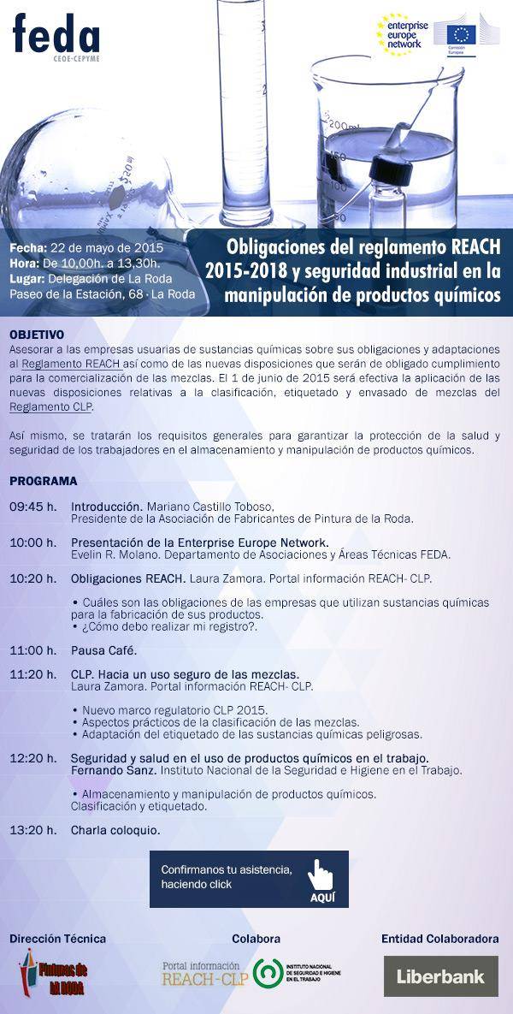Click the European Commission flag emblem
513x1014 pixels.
click(x=463, y=34)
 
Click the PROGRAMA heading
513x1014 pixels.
click(x=44, y=481)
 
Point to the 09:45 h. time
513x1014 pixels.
click(x=33, y=507)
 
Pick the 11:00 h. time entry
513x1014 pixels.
click(x=33, y=649)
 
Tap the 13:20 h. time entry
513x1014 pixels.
click(x=33, y=829)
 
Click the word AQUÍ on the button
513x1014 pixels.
click(x=322, y=898)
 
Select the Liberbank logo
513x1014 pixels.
click(x=440, y=976)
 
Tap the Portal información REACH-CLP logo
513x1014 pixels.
click(x=203, y=973)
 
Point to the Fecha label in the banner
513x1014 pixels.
click(x=28, y=247)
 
